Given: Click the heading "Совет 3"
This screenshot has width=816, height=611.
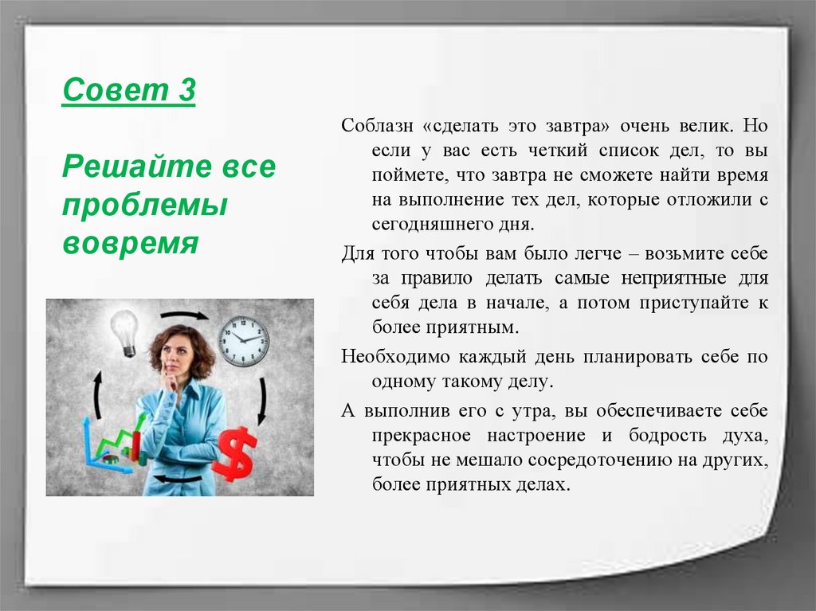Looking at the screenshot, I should point(128,92).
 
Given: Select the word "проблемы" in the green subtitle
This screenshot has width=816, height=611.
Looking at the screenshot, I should point(145,206).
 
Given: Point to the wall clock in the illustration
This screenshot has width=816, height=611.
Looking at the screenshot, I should point(243,340).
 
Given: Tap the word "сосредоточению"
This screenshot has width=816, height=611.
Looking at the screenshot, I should point(605,460).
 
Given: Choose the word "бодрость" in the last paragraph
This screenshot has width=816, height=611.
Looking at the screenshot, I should point(665,435).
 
